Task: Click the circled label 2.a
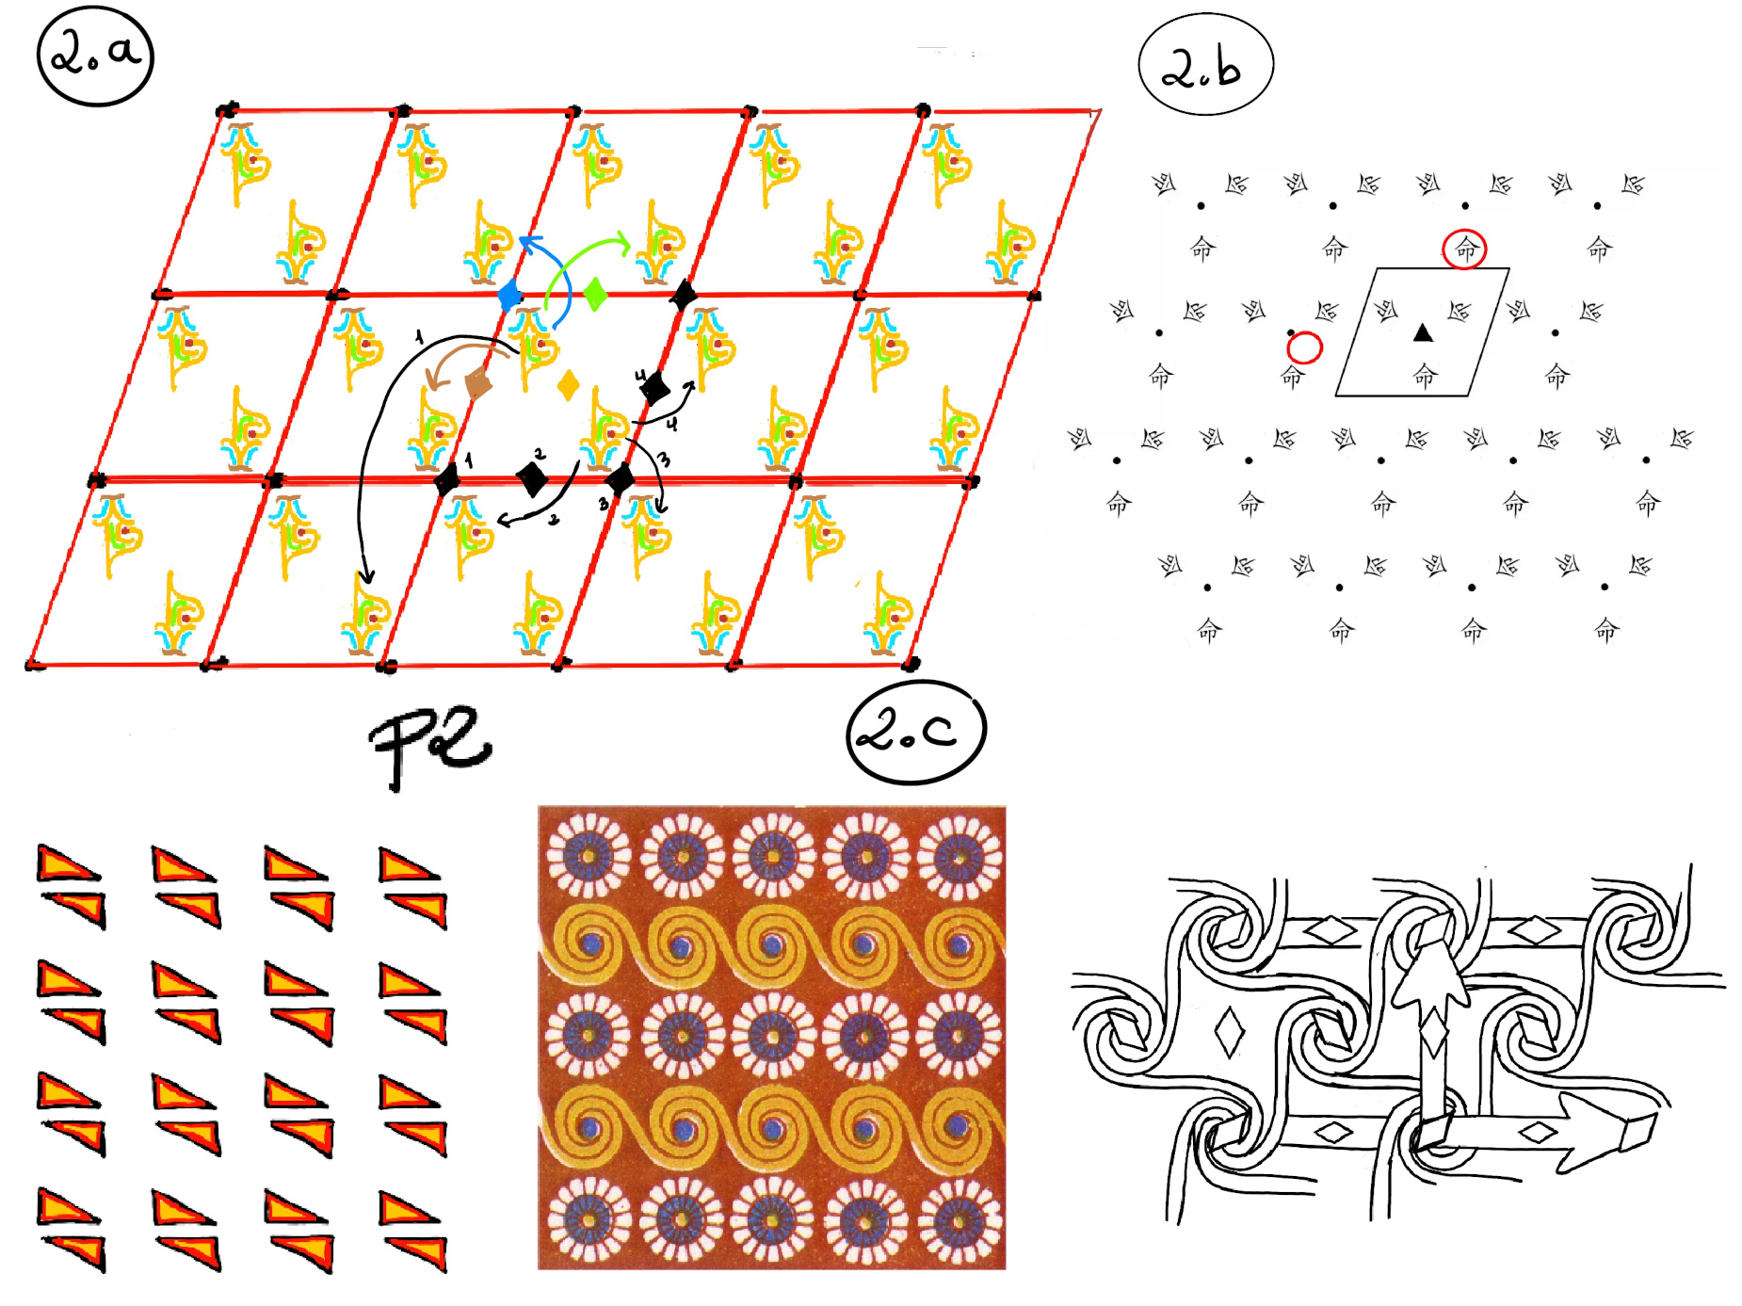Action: click(x=95, y=55)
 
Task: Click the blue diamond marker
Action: click(x=509, y=295)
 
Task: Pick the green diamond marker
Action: click(x=595, y=294)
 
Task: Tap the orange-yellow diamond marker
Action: click(x=568, y=385)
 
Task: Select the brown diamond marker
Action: click(x=478, y=383)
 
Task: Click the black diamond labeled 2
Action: click(x=532, y=478)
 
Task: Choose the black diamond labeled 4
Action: click(x=654, y=387)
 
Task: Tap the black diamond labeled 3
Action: click(x=620, y=480)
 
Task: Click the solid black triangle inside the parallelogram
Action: click(x=1423, y=332)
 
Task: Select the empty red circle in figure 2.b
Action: click(x=1304, y=347)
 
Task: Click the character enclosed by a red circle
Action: click(x=1465, y=250)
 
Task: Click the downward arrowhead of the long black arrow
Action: click(x=366, y=575)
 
